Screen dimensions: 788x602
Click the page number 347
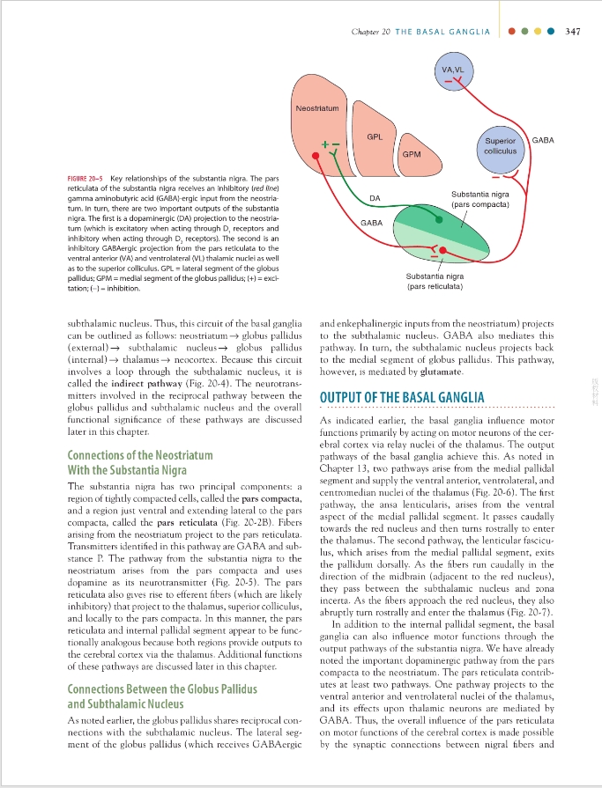572,31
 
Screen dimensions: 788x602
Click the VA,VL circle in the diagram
455,72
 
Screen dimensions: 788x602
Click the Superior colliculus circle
500,146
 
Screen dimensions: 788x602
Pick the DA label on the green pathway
375,198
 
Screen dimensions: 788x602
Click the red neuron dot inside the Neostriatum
316,157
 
